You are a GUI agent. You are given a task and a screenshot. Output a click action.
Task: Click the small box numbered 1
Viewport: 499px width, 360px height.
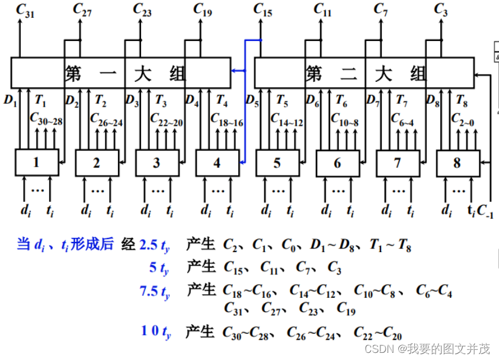tap(36, 163)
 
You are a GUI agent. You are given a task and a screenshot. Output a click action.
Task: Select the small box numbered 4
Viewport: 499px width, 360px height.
tap(217, 163)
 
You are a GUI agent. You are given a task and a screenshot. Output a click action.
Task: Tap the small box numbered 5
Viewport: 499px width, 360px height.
tap(277, 163)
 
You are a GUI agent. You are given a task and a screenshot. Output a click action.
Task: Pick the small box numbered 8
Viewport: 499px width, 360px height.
tap(457, 163)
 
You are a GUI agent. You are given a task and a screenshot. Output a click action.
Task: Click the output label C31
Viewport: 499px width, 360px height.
tap(25, 9)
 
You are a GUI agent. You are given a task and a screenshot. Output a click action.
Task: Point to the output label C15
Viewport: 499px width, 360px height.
tap(263, 9)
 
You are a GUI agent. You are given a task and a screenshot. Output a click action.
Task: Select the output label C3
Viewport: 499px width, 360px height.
tap(440, 9)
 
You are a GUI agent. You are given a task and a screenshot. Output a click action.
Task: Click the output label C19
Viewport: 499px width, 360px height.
tap(203, 9)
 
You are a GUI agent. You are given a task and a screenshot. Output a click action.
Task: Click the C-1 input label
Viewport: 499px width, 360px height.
tap(486, 211)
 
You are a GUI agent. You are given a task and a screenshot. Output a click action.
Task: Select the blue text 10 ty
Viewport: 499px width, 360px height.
tap(156, 332)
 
